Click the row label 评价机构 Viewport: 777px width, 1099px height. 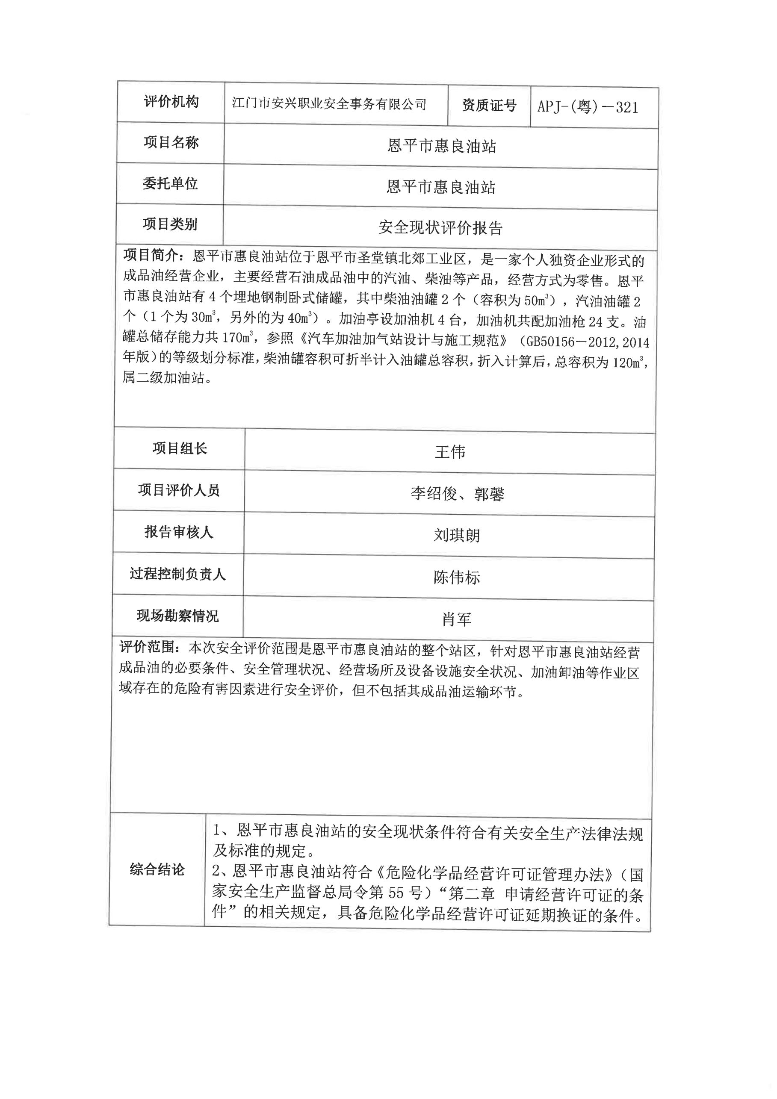pyautogui.click(x=171, y=101)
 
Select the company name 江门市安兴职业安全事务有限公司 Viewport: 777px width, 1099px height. pyautogui.click(x=329, y=104)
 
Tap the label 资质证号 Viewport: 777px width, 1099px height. pyautogui.click(x=489, y=106)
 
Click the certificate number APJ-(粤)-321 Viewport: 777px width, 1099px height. pyautogui.click(x=588, y=107)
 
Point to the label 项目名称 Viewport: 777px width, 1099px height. pyautogui.click(x=171, y=142)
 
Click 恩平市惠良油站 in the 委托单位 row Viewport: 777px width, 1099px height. pyautogui.click(x=441, y=187)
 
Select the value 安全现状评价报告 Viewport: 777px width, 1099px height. pyautogui.click(x=440, y=228)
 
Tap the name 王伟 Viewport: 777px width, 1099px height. pyautogui.click(x=449, y=452)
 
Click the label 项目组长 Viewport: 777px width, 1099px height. pyautogui.click(x=180, y=448)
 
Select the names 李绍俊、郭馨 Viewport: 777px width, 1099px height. pyautogui.click(x=457, y=493)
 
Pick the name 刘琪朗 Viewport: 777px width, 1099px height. pyautogui.click(x=457, y=535)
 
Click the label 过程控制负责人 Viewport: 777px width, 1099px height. pyautogui.click(x=177, y=574)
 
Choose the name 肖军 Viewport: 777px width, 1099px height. pyautogui.click(x=457, y=620)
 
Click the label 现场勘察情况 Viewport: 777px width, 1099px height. pyautogui.click(x=177, y=616)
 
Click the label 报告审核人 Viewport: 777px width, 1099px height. pyautogui.click(x=179, y=532)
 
